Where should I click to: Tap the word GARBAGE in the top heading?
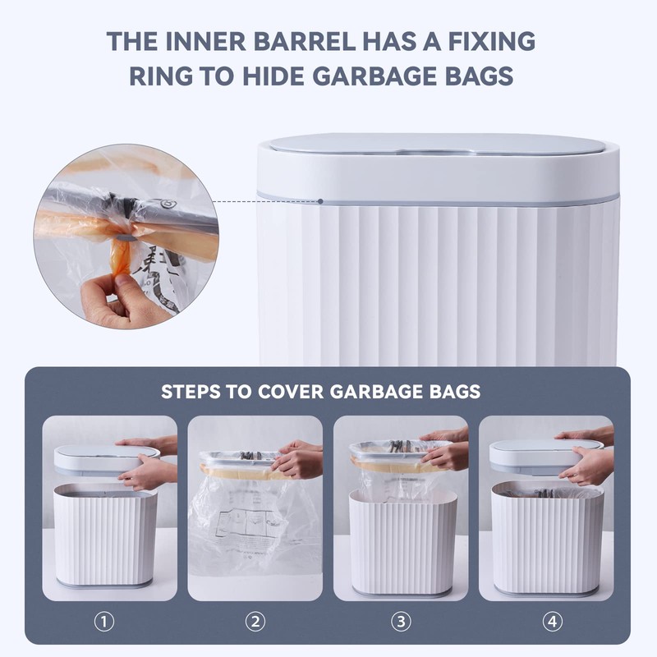(362, 75)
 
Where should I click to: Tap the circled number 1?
(103, 621)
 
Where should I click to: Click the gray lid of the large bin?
(438, 145)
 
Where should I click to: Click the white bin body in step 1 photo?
(105, 538)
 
